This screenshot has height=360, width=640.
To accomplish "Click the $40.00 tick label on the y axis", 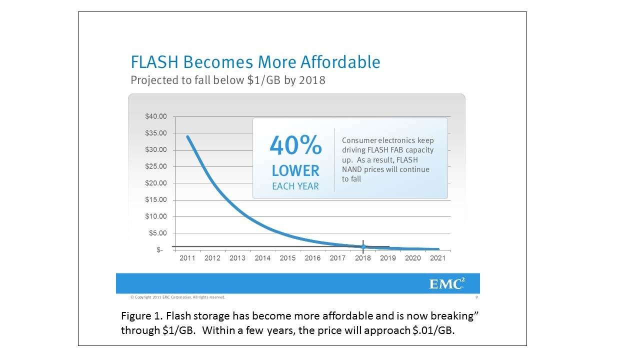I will click(x=156, y=116).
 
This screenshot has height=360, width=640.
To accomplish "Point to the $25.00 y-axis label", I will click(x=156, y=166).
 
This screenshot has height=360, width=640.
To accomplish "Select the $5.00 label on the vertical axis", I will click(x=158, y=233).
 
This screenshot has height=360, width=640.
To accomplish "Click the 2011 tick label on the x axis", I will click(x=187, y=258).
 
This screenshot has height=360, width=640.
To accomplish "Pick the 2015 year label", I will click(x=287, y=258).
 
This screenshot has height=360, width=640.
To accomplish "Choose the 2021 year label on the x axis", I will click(x=438, y=258).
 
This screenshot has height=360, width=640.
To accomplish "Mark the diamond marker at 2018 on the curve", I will click(x=363, y=246).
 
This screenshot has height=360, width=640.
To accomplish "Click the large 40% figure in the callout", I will click(x=295, y=146).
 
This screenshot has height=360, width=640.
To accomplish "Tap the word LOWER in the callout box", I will click(x=295, y=171).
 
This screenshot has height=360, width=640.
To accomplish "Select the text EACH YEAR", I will click(x=295, y=187).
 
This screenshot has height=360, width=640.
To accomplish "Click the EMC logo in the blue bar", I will click(x=446, y=284).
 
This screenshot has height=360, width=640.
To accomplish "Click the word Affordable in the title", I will click(x=340, y=62).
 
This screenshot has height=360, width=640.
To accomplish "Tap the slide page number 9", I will click(x=476, y=297).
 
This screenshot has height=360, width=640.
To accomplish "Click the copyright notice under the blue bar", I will click(x=177, y=297).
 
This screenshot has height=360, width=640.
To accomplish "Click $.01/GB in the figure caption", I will click(x=431, y=331).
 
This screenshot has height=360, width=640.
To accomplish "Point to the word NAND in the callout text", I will click(x=352, y=169).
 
